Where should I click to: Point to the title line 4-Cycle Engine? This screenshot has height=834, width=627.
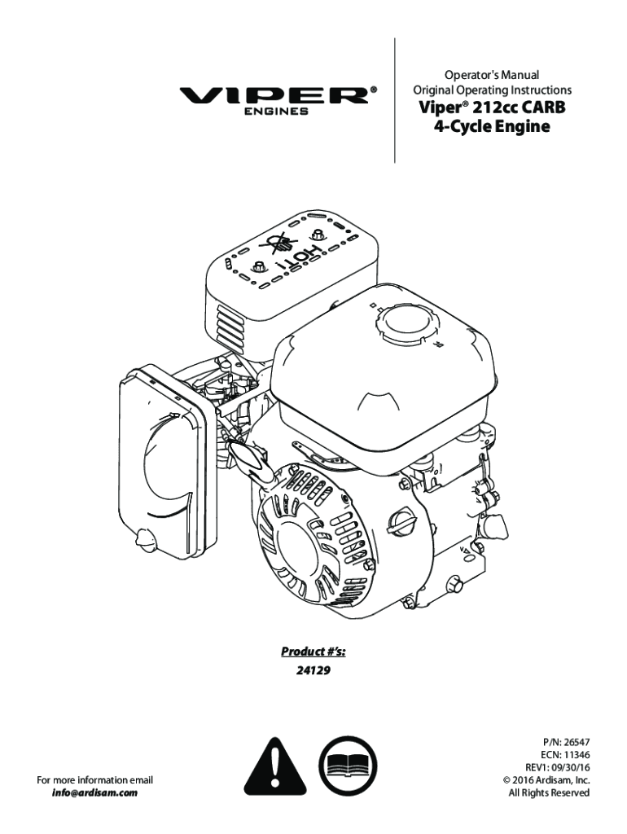pos(492,127)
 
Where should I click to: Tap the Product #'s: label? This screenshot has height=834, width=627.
pos(313,651)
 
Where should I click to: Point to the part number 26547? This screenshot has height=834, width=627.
pos(572,743)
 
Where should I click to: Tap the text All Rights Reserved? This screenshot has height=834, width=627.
pos(549,792)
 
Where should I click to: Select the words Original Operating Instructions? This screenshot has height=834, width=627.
pos(492,90)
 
